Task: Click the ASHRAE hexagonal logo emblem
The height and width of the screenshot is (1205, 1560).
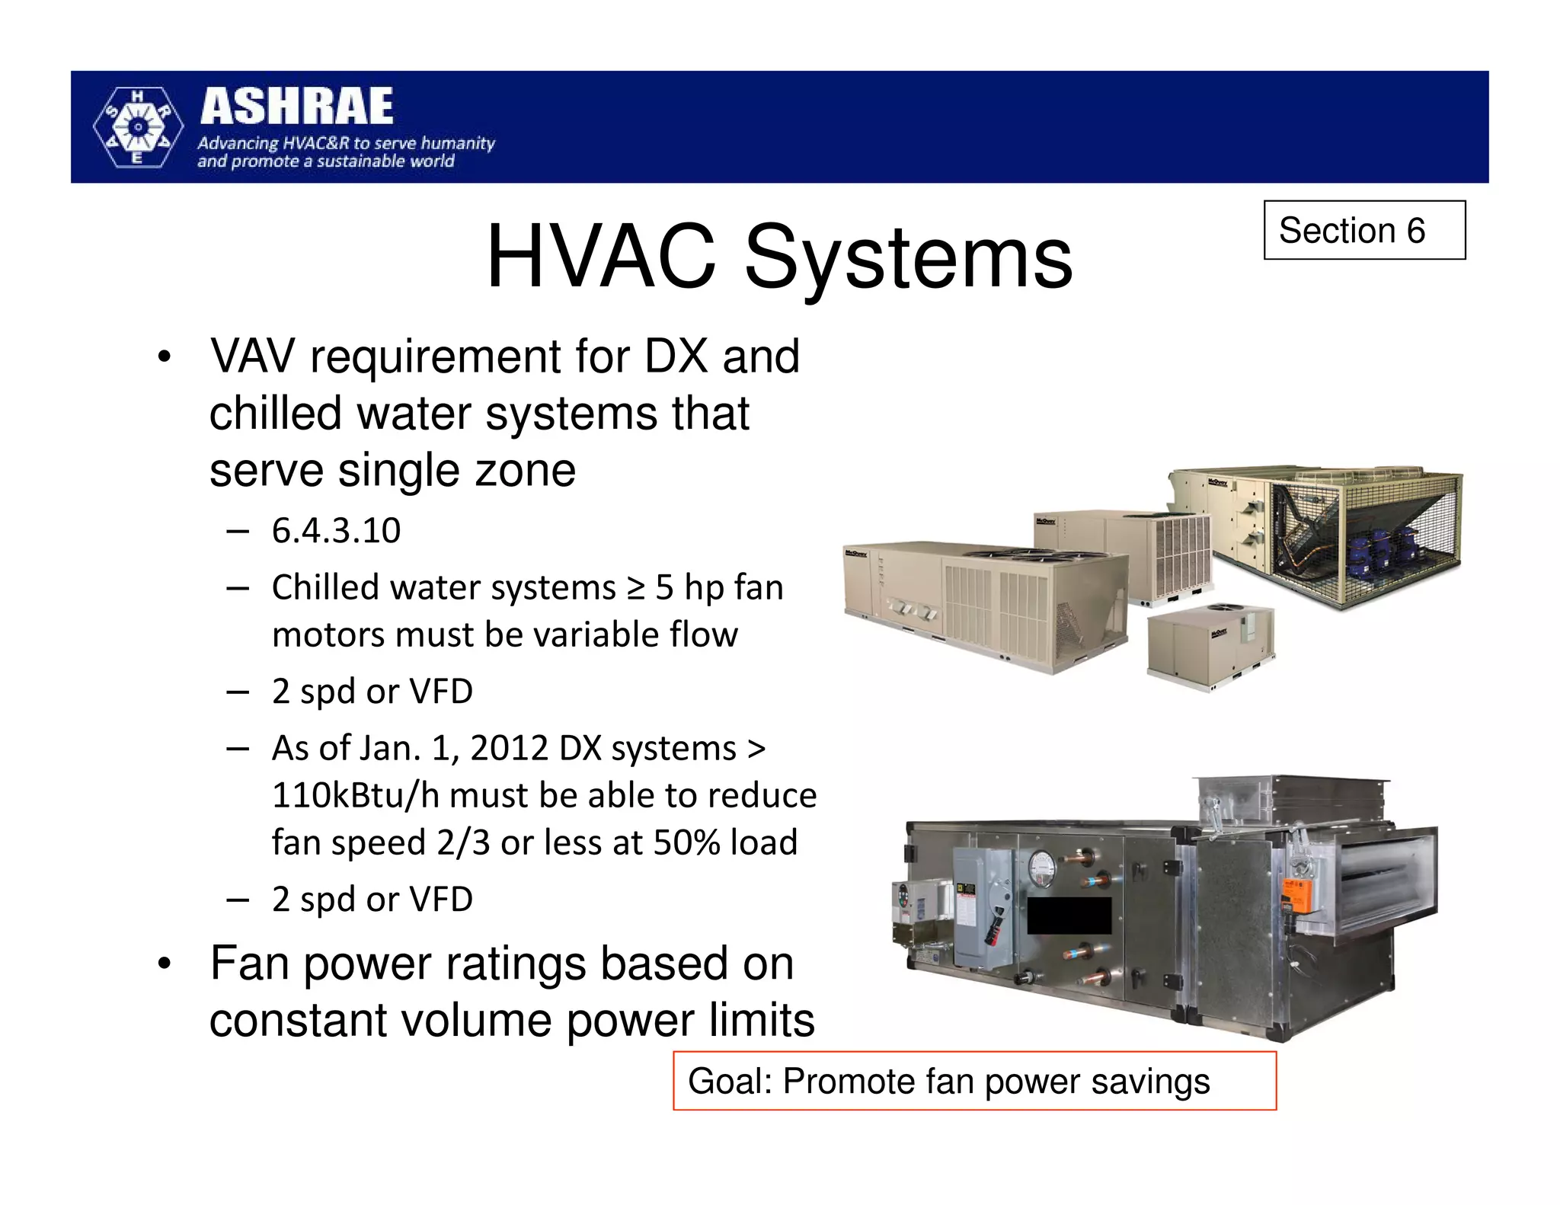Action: click(138, 126)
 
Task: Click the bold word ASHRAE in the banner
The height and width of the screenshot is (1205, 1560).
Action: click(296, 107)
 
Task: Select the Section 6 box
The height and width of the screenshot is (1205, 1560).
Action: click(1363, 230)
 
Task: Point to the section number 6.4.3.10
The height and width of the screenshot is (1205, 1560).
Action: click(336, 531)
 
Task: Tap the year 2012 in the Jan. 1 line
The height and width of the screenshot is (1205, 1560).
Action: click(509, 749)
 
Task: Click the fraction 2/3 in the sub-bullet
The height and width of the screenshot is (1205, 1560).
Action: click(463, 843)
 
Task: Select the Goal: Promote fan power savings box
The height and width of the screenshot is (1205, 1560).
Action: click(973, 1081)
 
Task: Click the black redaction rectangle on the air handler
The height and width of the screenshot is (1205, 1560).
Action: click(1069, 916)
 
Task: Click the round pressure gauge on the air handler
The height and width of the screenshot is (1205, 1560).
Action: click(1041, 867)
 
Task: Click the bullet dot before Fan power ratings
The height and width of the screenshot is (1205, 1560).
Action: click(164, 965)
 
